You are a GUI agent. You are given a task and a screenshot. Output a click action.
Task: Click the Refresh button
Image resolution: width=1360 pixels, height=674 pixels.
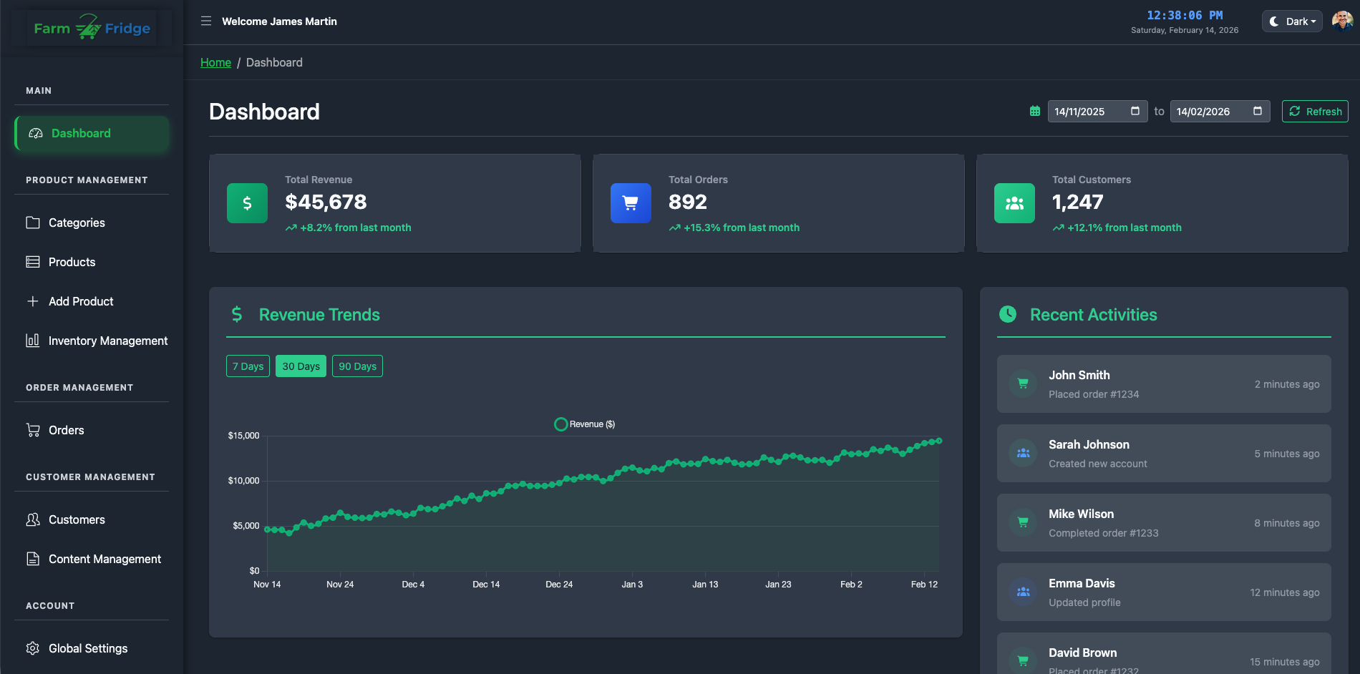(x=1315, y=112)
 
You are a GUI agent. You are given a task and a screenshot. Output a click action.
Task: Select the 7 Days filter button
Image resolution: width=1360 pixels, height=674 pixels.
(x=248, y=366)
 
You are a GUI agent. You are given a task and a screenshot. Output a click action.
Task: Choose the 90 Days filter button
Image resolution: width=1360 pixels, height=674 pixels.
(x=357, y=366)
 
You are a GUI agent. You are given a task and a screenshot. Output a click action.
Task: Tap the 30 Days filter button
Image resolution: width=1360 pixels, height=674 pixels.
(x=301, y=366)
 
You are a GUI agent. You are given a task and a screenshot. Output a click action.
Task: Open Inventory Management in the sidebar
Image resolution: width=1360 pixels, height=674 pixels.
(x=107, y=341)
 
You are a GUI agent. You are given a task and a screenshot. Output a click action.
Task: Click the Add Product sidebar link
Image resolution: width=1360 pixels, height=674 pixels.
(x=81, y=302)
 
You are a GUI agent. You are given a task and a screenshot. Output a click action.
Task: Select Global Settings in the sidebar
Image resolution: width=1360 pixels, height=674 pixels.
(x=88, y=649)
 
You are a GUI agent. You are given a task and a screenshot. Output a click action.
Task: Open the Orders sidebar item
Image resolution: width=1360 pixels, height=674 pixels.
(x=66, y=431)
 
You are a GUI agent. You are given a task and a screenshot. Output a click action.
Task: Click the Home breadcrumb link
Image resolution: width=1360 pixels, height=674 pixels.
(x=215, y=63)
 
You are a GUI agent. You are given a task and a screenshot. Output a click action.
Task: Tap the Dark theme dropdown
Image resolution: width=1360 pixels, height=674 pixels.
(x=1292, y=21)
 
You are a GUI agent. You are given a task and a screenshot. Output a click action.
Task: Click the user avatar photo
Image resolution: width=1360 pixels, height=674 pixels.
(x=1341, y=21)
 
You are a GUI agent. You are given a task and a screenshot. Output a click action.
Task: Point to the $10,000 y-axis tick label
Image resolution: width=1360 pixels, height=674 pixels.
(x=243, y=481)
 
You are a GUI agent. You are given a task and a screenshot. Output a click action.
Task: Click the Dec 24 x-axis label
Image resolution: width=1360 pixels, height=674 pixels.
(x=559, y=585)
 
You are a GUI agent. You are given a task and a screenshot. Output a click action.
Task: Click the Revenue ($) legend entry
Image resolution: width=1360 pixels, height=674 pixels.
(x=585, y=424)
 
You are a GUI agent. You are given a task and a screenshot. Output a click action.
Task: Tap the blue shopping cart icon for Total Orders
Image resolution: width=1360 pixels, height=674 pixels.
(x=631, y=203)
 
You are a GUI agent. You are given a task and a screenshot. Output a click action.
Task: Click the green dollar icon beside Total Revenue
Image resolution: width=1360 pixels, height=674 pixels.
(x=247, y=203)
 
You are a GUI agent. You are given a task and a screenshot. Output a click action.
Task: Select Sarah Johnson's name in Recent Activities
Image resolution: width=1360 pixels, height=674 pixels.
(x=1089, y=445)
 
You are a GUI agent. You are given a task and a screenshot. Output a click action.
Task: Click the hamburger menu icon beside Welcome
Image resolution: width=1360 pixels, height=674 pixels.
(x=206, y=21)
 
